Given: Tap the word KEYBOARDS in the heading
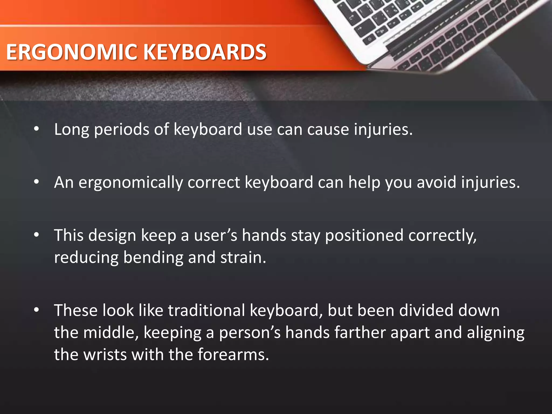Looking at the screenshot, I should pos(205,52).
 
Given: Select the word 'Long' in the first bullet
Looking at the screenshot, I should pos(71,130).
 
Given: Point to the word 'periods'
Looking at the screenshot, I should pos(121,130).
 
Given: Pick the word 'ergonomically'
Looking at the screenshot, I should pos(130,183).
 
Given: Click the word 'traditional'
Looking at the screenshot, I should pos(206,310).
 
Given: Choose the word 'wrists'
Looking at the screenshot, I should pos(105,355).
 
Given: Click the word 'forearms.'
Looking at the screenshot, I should pos(233,355).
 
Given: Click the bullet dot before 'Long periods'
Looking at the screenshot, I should pos(37,129).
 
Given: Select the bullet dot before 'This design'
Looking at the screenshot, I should pos(37,235).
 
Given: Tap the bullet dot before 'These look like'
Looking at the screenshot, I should pos(37,310).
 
